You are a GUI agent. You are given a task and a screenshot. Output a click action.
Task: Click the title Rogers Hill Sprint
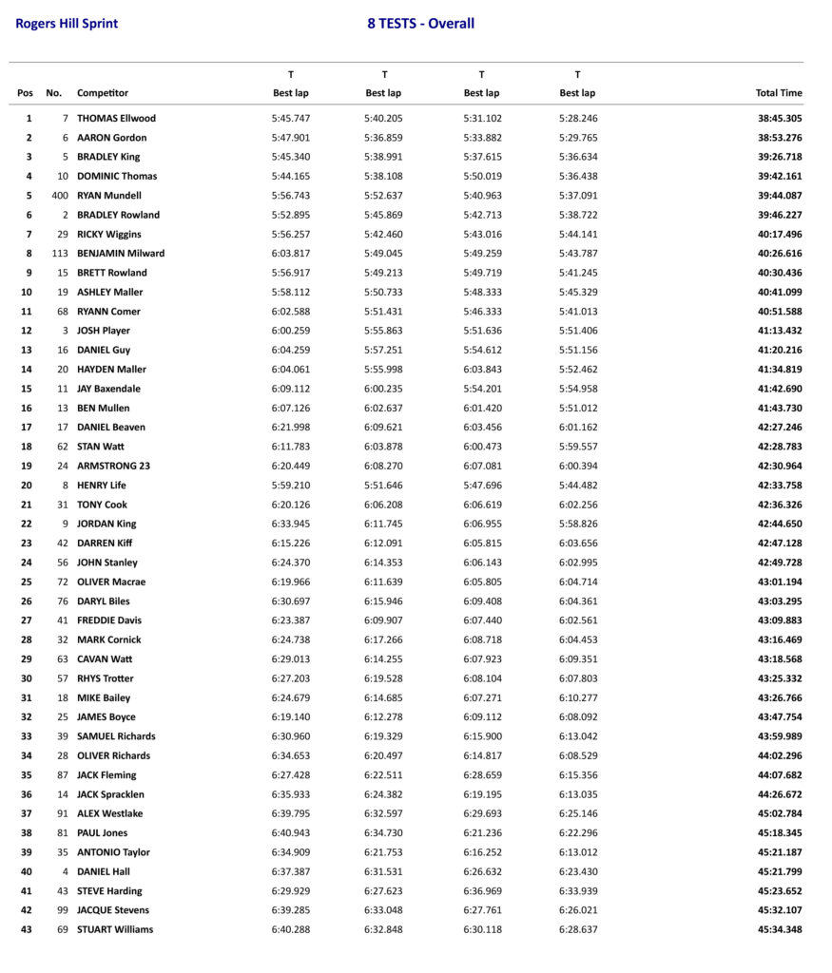(67, 24)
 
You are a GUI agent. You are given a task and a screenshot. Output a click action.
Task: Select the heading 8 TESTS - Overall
(420, 24)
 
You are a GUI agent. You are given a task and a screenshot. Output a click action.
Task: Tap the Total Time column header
(779, 93)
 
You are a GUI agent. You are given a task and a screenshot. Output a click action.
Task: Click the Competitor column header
(103, 93)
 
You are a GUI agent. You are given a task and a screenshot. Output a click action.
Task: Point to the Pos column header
(25, 93)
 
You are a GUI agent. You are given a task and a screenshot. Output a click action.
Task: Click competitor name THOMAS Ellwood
(116, 119)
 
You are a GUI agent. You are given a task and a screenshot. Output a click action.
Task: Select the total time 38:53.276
(780, 138)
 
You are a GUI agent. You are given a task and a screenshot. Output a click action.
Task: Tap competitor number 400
(60, 196)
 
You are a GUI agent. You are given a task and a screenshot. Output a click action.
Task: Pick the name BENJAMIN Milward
(121, 254)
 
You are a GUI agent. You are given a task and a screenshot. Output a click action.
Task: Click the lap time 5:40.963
(482, 196)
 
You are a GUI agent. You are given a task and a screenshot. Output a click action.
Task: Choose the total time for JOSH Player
(780, 331)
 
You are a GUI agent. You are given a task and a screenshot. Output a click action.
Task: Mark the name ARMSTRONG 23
(113, 466)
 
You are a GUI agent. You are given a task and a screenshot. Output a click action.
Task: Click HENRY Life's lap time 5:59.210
(291, 486)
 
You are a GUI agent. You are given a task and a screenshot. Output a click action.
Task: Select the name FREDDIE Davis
(109, 620)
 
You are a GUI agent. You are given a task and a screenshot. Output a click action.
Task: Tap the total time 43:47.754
(780, 717)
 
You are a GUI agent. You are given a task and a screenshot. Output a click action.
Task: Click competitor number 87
(63, 775)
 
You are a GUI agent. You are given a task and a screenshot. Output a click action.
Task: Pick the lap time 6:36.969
(482, 891)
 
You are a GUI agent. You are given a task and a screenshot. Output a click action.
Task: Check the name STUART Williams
(115, 929)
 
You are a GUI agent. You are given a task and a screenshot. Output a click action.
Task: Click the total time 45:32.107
(780, 910)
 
